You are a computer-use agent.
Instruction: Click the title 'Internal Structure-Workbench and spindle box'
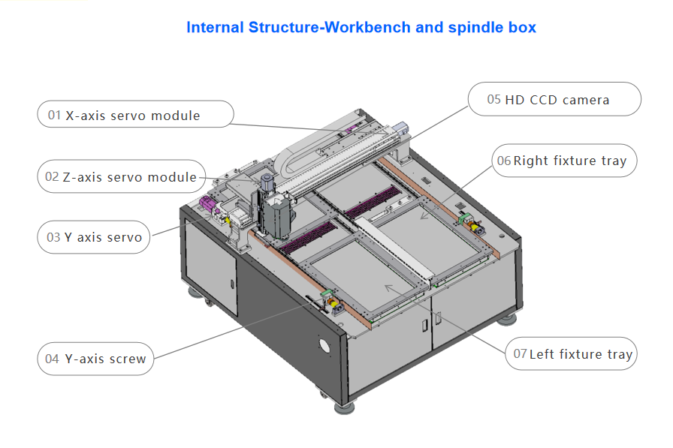[361, 28]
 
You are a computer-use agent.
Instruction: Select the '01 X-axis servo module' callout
[135, 116]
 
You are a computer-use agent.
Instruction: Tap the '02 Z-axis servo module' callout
[122, 177]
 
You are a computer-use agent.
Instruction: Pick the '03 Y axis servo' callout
[94, 237]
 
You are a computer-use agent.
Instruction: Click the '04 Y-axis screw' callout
[95, 359]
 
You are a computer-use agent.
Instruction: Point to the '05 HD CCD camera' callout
[554, 99]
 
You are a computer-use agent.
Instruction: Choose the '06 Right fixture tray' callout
[565, 161]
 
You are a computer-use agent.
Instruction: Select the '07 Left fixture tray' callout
[571, 354]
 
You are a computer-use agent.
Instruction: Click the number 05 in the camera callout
[493, 99]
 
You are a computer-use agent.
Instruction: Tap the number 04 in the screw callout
[52, 359]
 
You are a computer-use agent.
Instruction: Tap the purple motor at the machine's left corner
[207, 206]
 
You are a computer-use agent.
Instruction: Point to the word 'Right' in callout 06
[532, 161]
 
